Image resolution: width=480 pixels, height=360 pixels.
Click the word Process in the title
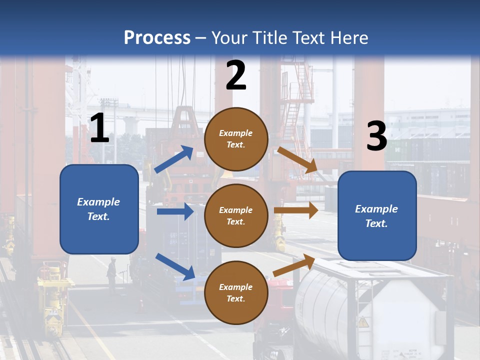(157, 37)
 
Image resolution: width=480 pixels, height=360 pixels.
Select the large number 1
(99, 128)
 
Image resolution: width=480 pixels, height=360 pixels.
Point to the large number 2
(236, 75)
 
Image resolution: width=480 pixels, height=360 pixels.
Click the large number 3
(376, 136)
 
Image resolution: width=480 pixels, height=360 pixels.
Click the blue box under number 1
(99, 209)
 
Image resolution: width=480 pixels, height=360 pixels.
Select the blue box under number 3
(377, 215)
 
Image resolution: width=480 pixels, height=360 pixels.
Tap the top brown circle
(236, 139)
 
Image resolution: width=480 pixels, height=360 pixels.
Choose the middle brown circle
(236, 215)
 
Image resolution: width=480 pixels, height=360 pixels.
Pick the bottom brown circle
(236, 292)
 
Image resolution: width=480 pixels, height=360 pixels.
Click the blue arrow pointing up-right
(174, 159)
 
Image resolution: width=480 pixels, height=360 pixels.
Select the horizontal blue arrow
(175, 211)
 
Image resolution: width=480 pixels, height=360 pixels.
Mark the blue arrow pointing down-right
(175, 266)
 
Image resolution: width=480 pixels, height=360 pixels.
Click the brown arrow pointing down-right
(297, 160)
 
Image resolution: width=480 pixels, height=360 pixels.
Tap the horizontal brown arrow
(296, 210)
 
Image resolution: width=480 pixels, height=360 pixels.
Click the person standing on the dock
(111, 272)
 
